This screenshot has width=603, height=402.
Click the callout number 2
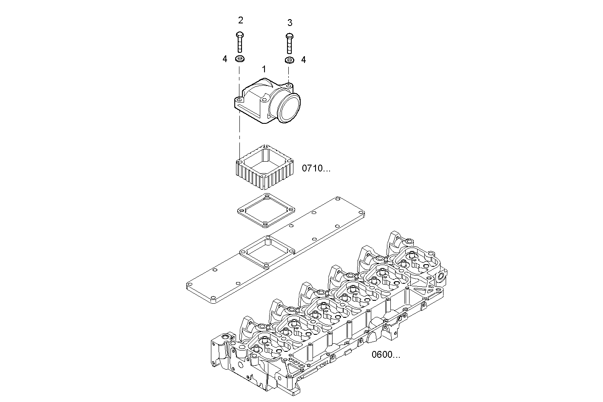241,20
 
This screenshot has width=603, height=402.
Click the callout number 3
290,23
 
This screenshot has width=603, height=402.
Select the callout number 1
264,69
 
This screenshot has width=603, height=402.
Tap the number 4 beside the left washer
225,59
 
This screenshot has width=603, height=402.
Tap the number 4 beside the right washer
303,60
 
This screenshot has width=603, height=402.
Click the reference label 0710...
316,168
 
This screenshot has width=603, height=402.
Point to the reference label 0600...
385,354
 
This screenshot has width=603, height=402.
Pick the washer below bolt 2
240,59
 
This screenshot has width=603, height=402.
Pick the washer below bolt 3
289,60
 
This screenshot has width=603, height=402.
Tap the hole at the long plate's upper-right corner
338,199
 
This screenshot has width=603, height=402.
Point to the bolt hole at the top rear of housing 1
289,86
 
